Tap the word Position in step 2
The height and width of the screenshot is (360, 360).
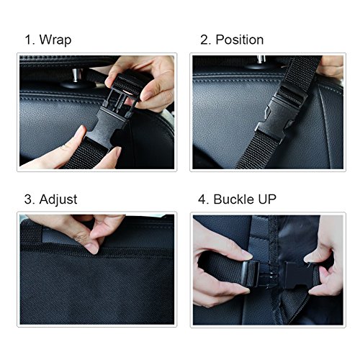click(239, 40)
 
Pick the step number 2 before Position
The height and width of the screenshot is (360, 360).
click(204, 40)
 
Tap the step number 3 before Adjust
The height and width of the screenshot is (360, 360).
click(27, 199)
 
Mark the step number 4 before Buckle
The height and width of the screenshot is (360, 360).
click(204, 199)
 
